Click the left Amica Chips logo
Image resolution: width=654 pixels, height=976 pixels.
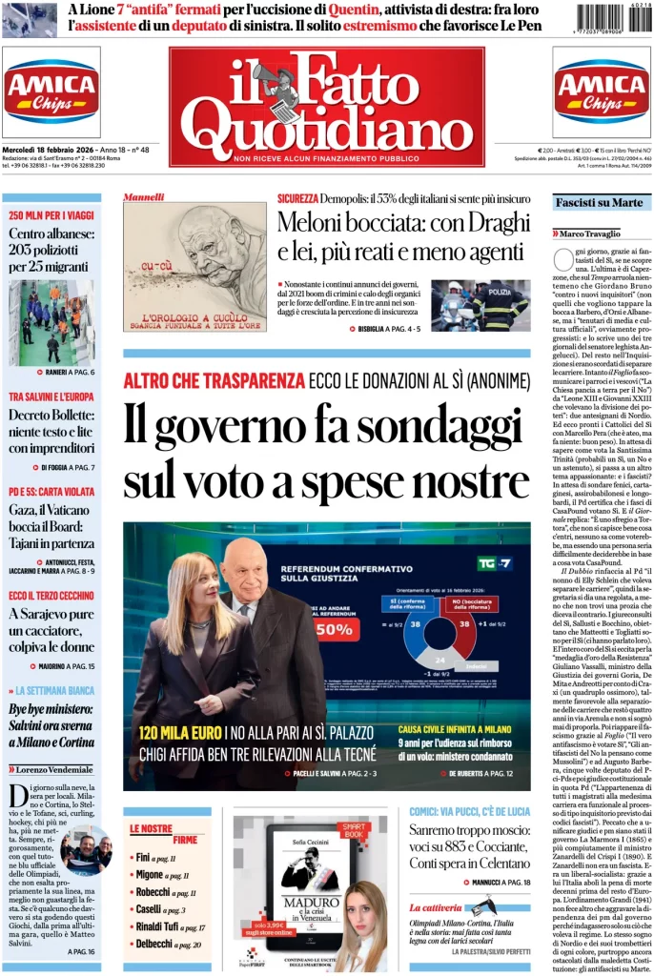[x=51, y=92]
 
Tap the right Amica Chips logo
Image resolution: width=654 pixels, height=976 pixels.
[x=602, y=92]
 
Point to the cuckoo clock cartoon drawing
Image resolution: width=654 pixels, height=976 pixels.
[x=194, y=261]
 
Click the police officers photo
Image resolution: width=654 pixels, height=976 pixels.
[x=480, y=305]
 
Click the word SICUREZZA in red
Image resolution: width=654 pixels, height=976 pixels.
[x=298, y=198]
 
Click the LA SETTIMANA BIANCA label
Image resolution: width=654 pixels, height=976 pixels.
[x=56, y=690]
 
